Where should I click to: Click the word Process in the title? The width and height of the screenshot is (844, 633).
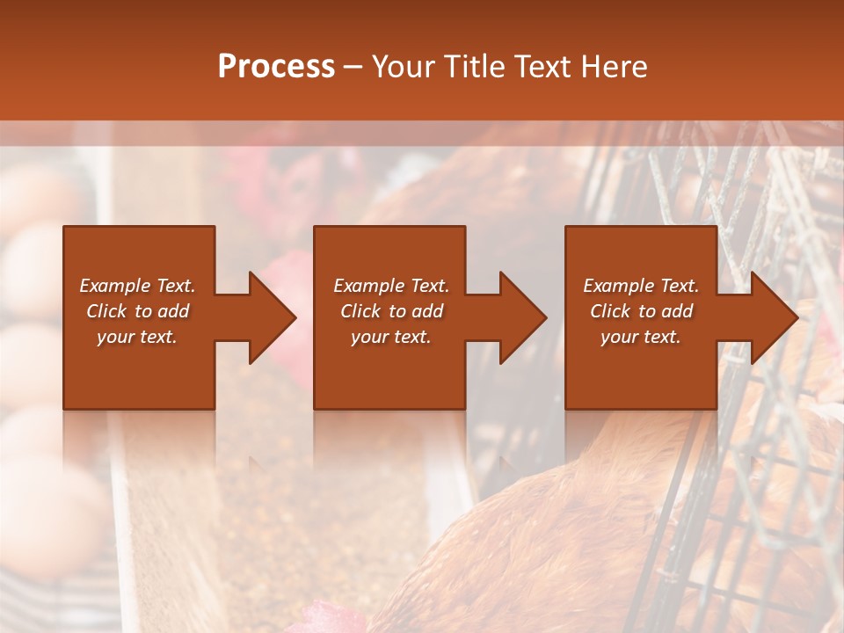coord(276,67)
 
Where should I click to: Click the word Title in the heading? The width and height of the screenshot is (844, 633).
coord(470,67)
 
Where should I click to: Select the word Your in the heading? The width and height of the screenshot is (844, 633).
coord(404,67)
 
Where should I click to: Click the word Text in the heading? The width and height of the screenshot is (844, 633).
coord(539,67)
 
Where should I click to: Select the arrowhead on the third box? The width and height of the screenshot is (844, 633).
coord(773,317)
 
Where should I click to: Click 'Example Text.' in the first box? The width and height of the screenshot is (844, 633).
coord(137,286)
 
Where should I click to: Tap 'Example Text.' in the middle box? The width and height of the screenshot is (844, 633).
coord(391,286)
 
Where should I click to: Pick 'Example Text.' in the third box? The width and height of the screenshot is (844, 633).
coord(641,286)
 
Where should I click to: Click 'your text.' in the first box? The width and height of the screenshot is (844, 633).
coord(137,337)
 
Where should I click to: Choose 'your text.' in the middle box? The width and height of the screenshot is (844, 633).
coord(391,337)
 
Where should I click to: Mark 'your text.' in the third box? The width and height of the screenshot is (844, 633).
coord(641,337)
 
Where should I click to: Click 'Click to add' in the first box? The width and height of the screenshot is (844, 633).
coord(137,311)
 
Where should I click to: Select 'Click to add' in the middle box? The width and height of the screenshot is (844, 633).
coord(391,311)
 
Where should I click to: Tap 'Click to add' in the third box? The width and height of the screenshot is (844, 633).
coord(641,311)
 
